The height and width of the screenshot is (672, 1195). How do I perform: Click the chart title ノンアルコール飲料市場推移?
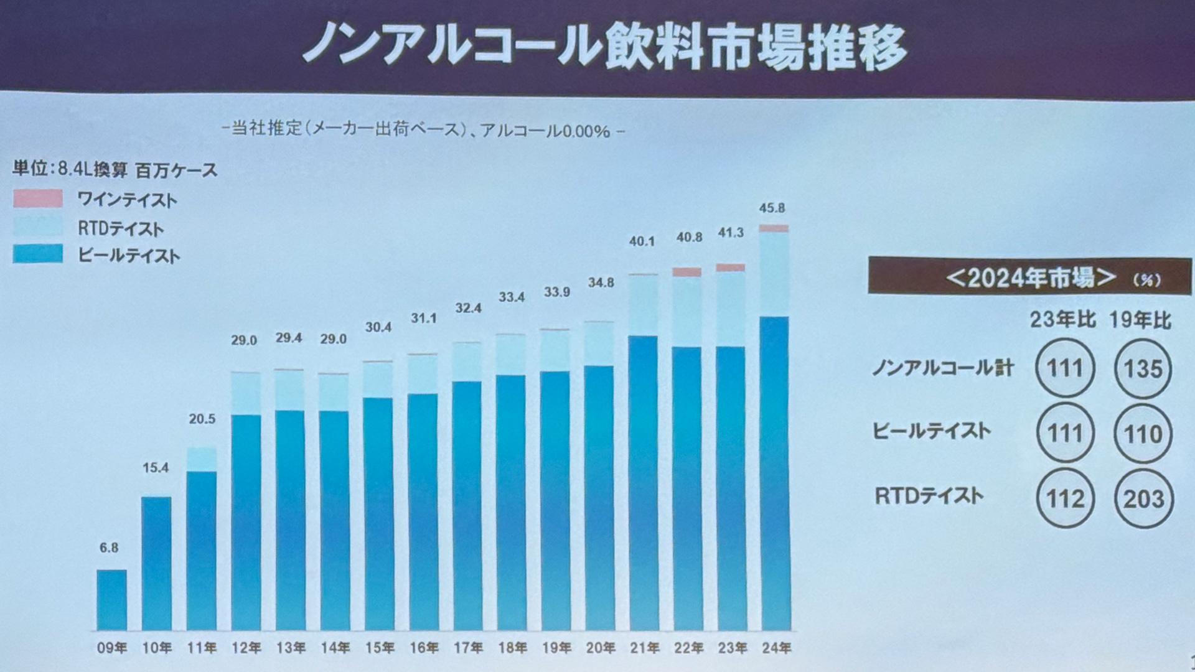604,47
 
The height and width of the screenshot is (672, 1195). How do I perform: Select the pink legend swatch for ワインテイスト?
38,198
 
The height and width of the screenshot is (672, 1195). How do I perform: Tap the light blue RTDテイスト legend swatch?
38,226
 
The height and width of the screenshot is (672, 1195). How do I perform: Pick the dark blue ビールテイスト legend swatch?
38,254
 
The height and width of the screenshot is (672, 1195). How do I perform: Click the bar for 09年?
111,600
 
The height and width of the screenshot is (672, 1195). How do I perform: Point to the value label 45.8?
772,208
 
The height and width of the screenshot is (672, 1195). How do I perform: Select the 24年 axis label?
776,648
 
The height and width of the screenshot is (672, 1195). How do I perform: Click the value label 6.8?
109,548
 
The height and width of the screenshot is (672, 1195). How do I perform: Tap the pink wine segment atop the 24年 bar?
774,228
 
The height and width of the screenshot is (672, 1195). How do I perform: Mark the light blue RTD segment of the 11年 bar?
202,459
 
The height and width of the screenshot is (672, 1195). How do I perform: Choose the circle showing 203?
1143,499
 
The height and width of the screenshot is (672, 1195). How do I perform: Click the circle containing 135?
1143,368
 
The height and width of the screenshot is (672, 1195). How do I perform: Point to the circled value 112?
1065,499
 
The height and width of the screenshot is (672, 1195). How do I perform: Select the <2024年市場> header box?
1030,276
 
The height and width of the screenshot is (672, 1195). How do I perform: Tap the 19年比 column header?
1140,320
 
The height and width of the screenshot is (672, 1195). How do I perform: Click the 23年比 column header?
1062,320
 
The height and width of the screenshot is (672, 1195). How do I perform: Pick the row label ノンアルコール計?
943,368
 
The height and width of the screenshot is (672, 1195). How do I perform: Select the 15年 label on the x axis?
379,648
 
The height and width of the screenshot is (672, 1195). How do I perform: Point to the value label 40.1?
642,241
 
